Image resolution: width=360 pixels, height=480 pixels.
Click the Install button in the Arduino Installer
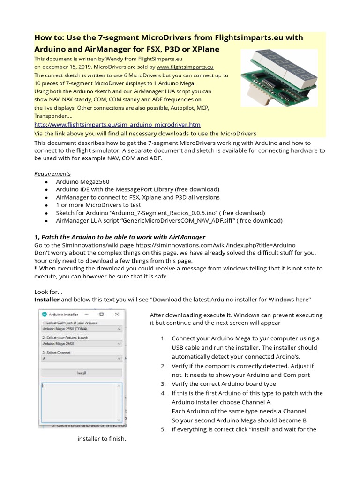(82, 373)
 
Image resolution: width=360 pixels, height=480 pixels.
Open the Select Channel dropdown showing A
(82, 358)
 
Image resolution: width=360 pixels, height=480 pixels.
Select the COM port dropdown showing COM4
(82, 329)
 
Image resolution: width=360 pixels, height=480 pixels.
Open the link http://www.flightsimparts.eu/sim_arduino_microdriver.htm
(118, 124)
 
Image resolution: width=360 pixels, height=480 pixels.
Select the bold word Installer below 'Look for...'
(47, 299)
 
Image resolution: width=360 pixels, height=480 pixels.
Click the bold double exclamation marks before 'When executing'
(37, 268)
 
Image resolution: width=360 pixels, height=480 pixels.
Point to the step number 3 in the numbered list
(163, 384)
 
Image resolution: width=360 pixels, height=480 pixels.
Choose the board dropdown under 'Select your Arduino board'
(82, 344)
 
